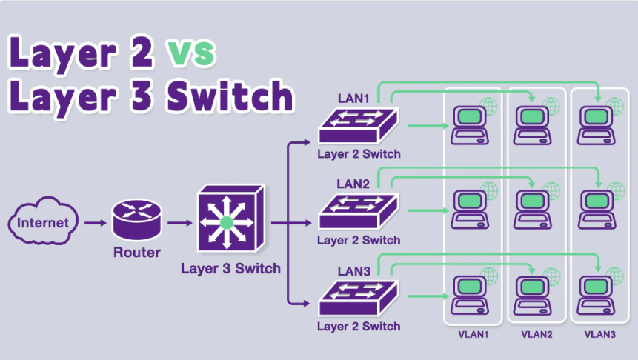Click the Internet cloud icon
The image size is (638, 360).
click(42, 221)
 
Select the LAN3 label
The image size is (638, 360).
click(353, 271)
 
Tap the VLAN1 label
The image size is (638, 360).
click(473, 335)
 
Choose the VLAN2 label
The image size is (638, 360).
click(536, 335)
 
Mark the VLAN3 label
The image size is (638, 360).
click(599, 335)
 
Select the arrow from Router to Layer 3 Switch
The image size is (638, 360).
click(179, 221)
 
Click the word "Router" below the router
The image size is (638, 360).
click(136, 253)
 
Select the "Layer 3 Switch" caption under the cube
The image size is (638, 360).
click(230, 268)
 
